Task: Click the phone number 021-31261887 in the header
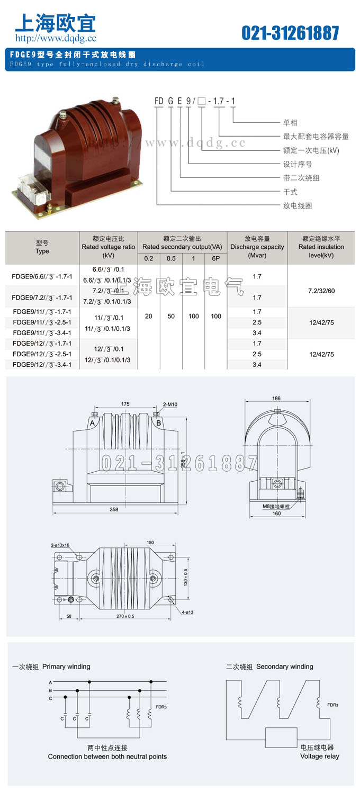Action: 290,33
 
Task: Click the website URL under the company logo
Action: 56,38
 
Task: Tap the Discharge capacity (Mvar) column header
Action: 257,247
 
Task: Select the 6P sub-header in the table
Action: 215,258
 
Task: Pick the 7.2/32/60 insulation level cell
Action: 321,291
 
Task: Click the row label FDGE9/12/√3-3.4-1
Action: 42,365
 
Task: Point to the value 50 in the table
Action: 171,316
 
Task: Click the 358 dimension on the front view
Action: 114,510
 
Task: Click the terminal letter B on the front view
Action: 158,423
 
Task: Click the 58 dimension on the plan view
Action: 69,616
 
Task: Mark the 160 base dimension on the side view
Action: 277,513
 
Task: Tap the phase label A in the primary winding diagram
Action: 50,682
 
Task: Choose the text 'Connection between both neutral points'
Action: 107,756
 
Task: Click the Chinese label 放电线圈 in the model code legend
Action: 298,205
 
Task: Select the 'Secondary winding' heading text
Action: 285,666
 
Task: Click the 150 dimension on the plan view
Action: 150,543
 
